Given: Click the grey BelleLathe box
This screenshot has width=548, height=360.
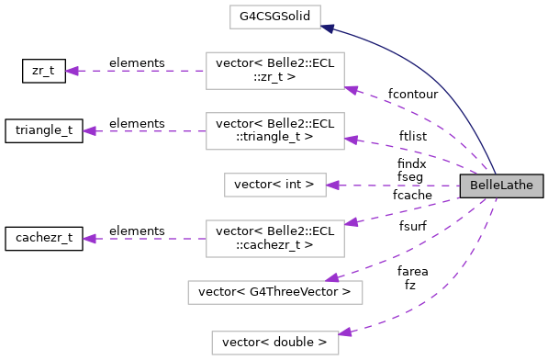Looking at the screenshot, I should click(501, 186).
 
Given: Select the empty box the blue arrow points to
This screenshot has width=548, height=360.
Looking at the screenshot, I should click(274, 17).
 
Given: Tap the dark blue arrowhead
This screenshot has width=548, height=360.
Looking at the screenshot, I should click(327, 28).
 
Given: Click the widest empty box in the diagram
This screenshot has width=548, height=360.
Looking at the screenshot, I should click(274, 292).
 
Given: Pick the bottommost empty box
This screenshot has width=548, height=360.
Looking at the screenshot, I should click(274, 343).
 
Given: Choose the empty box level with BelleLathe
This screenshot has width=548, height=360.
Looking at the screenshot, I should click(274, 185).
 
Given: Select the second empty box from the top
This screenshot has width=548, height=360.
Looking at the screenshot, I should click(274, 71).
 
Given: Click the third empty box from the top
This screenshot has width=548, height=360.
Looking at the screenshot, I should click(274, 131).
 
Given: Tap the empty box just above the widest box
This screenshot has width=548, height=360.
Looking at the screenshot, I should click(274, 239).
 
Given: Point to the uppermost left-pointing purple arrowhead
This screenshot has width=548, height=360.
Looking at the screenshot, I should click(72, 71).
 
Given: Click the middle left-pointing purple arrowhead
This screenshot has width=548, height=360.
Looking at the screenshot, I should click(89, 131).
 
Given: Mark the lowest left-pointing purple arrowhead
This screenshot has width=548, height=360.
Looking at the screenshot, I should click(89, 239).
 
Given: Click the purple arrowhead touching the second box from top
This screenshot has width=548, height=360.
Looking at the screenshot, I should click(352, 89).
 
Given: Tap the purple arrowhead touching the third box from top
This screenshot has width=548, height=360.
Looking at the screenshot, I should click(351, 141).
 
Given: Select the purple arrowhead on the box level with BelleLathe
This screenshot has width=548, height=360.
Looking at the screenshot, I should click(332, 185).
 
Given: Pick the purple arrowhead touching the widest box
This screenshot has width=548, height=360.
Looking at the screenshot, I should click(332, 278).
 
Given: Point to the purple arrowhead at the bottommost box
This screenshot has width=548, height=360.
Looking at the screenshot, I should click(345, 332).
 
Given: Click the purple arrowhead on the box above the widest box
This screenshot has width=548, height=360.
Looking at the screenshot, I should click(351, 222).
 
